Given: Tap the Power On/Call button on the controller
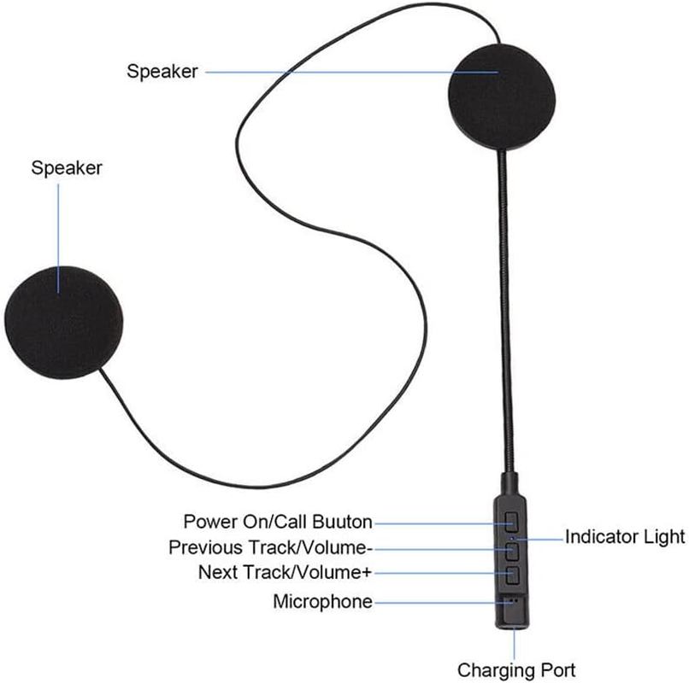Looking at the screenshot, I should click(513, 520).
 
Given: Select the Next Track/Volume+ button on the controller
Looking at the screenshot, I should click(513, 573).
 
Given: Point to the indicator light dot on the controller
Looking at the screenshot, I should click(513, 538).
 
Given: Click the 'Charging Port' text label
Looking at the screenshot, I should click(515, 668).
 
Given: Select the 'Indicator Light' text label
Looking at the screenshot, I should click(625, 537).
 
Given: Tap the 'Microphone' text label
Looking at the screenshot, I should click(322, 602).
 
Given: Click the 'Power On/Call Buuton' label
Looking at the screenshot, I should click(278, 521).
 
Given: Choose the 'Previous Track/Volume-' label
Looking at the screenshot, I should click(270, 546).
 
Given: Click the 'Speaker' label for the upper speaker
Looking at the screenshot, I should click(162, 72).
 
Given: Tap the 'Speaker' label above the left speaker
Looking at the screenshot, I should click(67, 167).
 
